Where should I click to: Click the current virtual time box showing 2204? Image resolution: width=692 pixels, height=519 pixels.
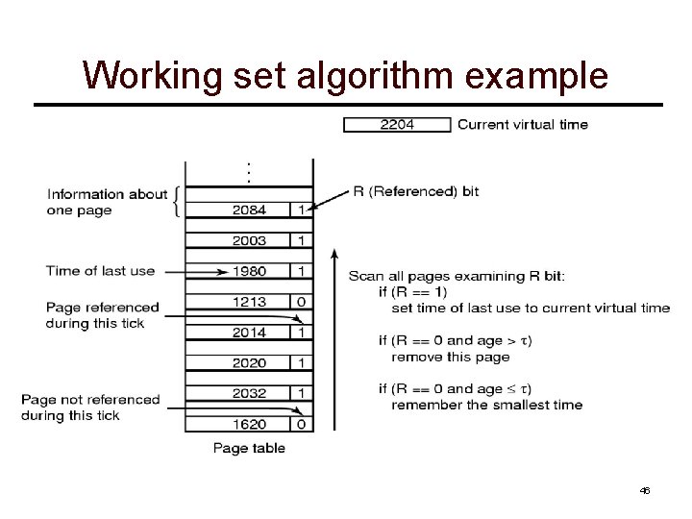coord(397,124)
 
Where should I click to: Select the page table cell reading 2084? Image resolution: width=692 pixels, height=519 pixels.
coord(249,210)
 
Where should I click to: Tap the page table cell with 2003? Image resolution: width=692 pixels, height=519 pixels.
coord(249,240)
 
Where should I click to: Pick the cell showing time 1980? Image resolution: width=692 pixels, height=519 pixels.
coord(249,271)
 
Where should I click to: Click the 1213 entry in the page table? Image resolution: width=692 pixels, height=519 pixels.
coord(249,302)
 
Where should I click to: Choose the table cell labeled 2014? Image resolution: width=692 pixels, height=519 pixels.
coord(249,332)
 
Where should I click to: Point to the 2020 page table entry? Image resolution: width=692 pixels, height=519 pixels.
coord(249,362)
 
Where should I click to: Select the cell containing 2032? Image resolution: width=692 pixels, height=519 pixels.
coord(249,392)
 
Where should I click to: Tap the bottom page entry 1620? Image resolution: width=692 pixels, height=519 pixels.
coord(249,423)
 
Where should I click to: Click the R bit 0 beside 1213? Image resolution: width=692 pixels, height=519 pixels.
coord(301,302)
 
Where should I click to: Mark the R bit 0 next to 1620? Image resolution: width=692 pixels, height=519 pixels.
coord(301,423)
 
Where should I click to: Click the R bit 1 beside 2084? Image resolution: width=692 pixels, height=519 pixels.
coord(301,210)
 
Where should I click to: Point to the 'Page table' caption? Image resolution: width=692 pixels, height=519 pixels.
coord(249,448)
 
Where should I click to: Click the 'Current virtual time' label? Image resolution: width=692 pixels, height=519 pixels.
coord(523,124)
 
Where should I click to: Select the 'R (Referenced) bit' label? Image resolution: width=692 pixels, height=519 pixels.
coord(415,191)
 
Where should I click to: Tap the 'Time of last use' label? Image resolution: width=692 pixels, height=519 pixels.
coord(100,270)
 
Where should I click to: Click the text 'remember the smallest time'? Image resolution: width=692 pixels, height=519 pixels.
coord(486,405)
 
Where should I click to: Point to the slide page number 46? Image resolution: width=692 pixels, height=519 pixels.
coord(645,490)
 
